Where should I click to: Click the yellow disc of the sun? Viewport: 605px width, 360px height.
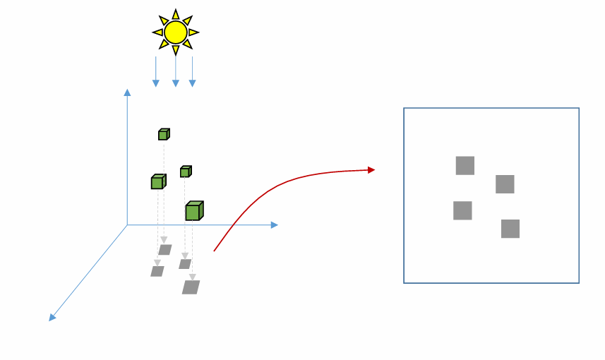pyautogui.click(x=176, y=32)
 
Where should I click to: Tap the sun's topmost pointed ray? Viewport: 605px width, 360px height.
pyautogui.click(x=176, y=14)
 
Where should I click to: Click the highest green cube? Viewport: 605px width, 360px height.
pyautogui.click(x=163, y=134)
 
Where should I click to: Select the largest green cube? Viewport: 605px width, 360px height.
pyautogui.click(x=193, y=211)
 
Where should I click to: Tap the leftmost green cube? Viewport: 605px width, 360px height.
pyautogui.click(x=157, y=182)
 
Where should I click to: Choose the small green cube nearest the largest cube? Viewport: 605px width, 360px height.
pyautogui.click(x=185, y=172)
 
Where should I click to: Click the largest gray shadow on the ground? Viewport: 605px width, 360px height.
pyautogui.click(x=191, y=287)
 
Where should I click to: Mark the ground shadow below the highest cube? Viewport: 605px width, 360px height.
pyautogui.click(x=165, y=250)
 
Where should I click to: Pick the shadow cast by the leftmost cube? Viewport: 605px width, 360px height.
pyautogui.click(x=157, y=271)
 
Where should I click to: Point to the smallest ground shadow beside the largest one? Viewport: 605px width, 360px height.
pyautogui.click(x=185, y=264)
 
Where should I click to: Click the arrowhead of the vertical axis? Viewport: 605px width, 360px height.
pyautogui.click(x=127, y=92)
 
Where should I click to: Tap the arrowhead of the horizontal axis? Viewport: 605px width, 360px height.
pyautogui.click(x=275, y=225)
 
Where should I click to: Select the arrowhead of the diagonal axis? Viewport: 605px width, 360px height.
pyautogui.click(x=52, y=318)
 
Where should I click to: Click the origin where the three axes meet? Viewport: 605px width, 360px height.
pyautogui.click(x=127, y=225)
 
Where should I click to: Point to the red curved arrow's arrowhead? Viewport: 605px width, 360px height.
pyautogui.click(x=371, y=169)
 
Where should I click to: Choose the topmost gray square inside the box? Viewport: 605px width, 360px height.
pyautogui.click(x=465, y=166)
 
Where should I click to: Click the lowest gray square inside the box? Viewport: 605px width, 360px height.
pyautogui.click(x=510, y=229)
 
